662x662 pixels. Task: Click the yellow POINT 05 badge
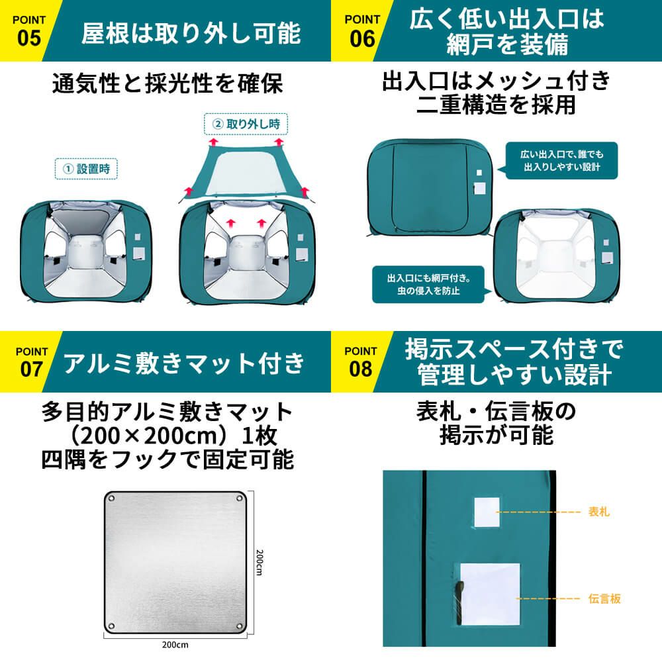pyautogui.click(x=26, y=30)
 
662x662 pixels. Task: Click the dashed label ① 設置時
pyautogui.click(x=86, y=169)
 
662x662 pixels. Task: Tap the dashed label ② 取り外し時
pyautogui.click(x=246, y=124)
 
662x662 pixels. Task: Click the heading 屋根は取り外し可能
pyautogui.click(x=191, y=33)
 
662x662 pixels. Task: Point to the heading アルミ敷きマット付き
pyautogui.click(x=184, y=363)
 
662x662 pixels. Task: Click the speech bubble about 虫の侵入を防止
pyautogui.click(x=431, y=284)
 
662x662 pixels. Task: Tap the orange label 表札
pyautogui.click(x=598, y=512)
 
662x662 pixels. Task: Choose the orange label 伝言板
pyautogui.click(x=604, y=598)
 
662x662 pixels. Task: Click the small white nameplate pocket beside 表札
pyautogui.click(x=487, y=512)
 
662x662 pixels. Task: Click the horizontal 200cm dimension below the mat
pyautogui.click(x=175, y=645)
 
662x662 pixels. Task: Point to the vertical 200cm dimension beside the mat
pyautogui.click(x=260, y=562)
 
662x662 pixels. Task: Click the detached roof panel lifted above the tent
pyautogui.click(x=246, y=171)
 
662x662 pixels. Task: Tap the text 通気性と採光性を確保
pyautogui.click(x=167, y=83)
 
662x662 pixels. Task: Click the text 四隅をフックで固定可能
pyautogui.click(x=167, y=459)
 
